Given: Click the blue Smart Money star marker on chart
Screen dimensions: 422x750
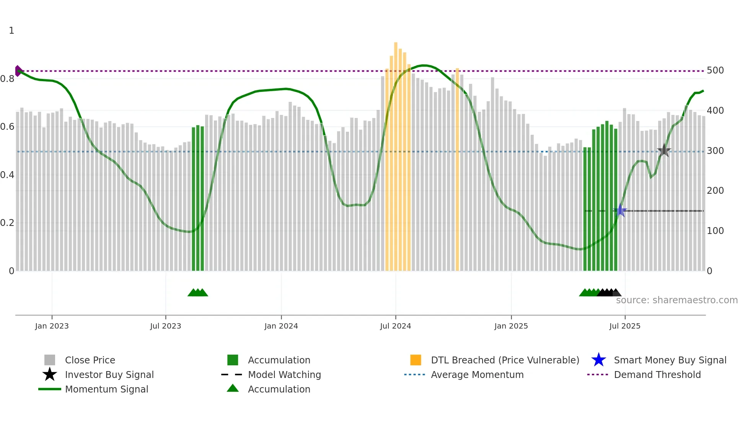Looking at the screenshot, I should point(620,211).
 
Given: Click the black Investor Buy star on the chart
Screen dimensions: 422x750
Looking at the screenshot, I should point(664,151).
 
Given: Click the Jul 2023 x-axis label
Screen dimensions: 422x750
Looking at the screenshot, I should point(165,326).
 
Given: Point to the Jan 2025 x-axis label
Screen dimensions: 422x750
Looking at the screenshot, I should point(511,326).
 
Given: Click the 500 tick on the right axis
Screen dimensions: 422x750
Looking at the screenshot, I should point(715,70).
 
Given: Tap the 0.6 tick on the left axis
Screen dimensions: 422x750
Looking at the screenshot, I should point(8,127).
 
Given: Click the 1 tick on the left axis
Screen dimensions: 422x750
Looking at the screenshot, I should point(11,31).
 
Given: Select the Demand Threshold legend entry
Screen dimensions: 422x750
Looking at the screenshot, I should point(657,375).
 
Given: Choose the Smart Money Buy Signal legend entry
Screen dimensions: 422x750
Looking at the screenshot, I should point(670,360).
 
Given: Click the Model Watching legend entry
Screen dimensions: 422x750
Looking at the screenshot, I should point(284,375).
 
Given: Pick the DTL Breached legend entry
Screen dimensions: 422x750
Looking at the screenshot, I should point(505,360).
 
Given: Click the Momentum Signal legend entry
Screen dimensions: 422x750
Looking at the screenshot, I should point(106,389).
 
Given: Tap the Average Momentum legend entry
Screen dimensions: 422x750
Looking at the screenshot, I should point(477,375).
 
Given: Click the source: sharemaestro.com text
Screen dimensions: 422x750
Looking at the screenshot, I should point(677,300).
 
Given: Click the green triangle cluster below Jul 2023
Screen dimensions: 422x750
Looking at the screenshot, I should point(198,293).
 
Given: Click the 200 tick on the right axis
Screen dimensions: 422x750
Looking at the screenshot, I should point(715,191).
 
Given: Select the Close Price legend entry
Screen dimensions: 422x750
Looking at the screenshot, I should point(90,360).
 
